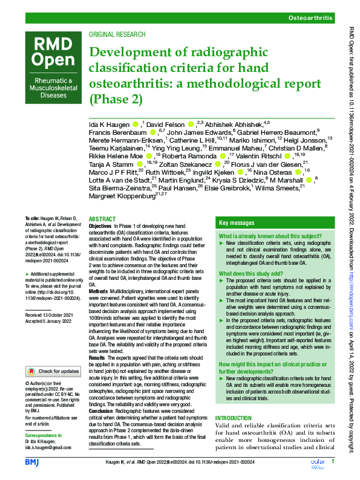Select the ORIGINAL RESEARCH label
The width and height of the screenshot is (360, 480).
(x=116, y=35)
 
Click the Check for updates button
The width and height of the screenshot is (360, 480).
(x=51, y=371)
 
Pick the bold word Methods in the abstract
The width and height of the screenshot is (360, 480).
(x=100, y=291)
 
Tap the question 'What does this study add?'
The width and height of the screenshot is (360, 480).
(x=248, y=273)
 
